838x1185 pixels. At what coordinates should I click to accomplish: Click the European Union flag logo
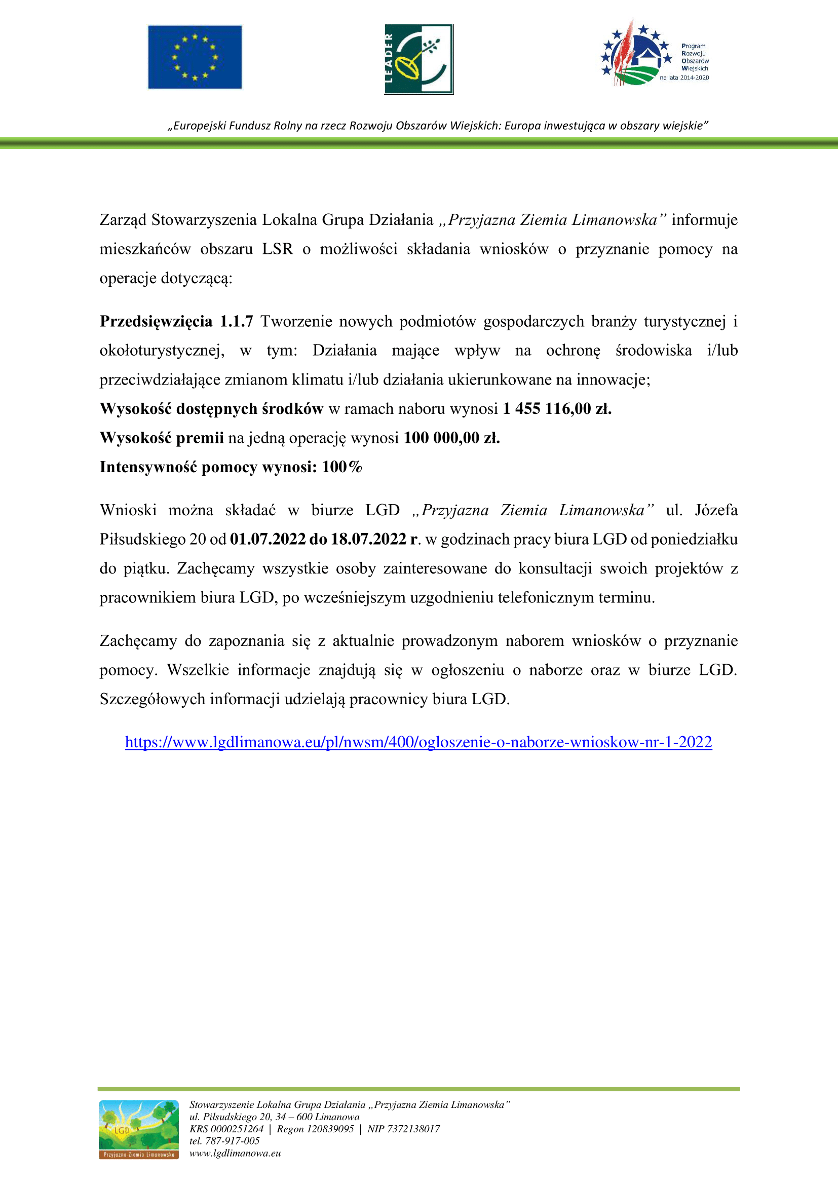pyautogui.click(x=195, y=57)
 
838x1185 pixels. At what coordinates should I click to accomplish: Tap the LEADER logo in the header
pyautogui.click(x=418, y=59)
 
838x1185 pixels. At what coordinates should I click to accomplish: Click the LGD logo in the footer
pyautogui.click(x=139, y=1129)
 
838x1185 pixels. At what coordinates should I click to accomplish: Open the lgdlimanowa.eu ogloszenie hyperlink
pyautogui.click(x=418, y=742)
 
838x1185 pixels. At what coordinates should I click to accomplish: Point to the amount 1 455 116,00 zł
pyautogui.click(x=557, y=409)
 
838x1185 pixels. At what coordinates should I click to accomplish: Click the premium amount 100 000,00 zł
pyautogui.click(x=451, y=438)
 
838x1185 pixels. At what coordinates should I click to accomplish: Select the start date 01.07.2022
pyautogui.click(x=268, y=539)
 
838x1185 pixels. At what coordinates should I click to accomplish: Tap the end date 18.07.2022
pyautogui.click(x=368, y=539)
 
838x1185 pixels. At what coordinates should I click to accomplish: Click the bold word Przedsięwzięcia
pyautogui.click(x=156, y=321)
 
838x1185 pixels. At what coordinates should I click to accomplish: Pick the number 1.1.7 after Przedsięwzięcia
pyautogui.click(x=236, y=321)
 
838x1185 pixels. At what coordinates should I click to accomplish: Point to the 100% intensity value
pyautogui.click(x=341, y=467)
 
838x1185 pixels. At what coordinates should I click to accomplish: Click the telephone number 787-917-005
pyautogui.click(x=232, y=1140)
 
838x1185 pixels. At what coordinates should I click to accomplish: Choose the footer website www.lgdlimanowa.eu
pyautogui.click(x=235, y=1153)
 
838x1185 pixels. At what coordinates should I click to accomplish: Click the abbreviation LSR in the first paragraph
pyautogui.click(x=277, y=249)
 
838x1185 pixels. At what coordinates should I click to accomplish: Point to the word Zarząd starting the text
pyautogui.click(x=123, y=220)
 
